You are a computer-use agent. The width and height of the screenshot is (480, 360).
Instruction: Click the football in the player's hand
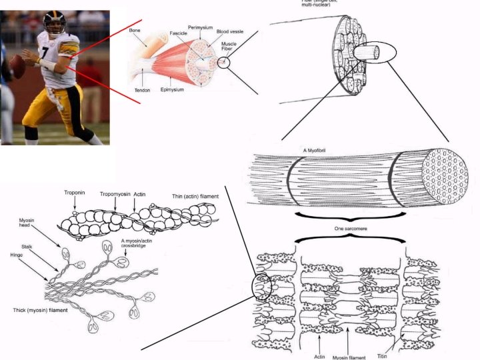(16, 65)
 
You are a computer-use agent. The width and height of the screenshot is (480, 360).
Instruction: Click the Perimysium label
(199, 27)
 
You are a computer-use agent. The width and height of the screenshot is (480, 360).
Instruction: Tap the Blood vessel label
(230, 31)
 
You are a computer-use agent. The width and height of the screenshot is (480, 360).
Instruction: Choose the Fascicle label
(177, 33)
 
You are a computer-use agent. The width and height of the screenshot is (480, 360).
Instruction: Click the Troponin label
(75, 193)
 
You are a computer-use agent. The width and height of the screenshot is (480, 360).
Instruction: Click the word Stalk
(27, 246)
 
